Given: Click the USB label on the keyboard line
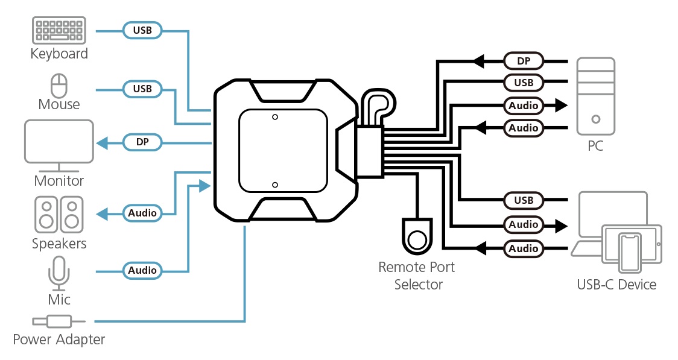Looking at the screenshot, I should [x=142, y=29].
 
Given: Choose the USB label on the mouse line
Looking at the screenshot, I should [x=142, y=89].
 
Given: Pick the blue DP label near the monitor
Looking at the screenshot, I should [x=142, y=143].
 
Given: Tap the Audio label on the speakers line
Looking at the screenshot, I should [x=142, y=213].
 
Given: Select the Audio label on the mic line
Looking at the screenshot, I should [x=142, y=270].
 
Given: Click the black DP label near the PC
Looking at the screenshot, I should [x=524, y=60].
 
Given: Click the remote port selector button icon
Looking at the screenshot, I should [x=417, y=237].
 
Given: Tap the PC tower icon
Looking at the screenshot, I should [x=595, y=96].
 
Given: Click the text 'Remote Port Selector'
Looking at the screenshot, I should [x=417, y=276].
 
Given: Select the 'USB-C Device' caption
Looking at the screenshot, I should [x=616, y=285].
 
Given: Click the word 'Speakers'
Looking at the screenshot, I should [x=59, y=244].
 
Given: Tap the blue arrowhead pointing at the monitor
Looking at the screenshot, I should [x=102, y=143].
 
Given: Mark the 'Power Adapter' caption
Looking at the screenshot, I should [x=59, y=339].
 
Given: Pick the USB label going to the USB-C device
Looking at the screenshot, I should [x=524, y=200].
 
